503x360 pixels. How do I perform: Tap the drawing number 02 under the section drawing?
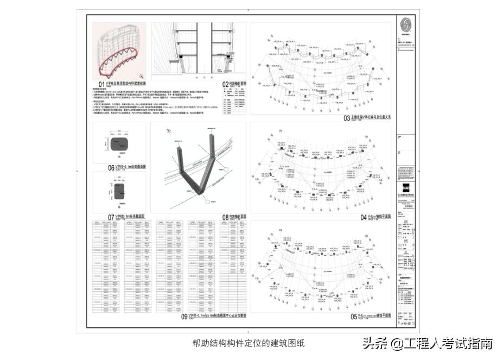pyautogui.click(x=226, y=84)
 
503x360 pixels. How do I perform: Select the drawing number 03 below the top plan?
pyautogui.click(x=347, y=117)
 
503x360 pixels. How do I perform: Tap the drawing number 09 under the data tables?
pyautogui.click(x=184, y=317)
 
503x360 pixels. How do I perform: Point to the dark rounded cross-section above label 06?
pyautogui.click(x=118, y=144)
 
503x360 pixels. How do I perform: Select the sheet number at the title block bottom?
pyautogui.click(x=405, y=324)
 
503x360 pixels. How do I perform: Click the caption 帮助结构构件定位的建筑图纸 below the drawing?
pyautogui.click(x=248, y=343)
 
